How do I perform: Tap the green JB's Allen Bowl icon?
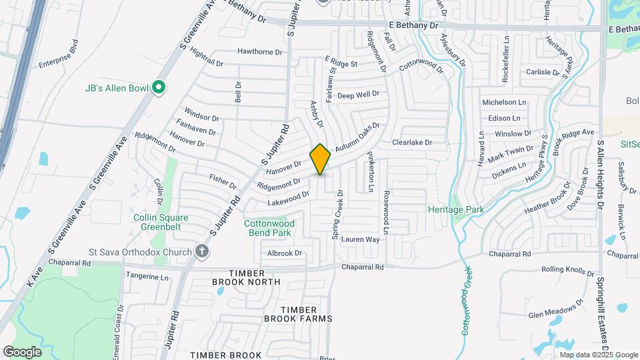click(159, 88)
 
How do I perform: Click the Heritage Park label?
click(456, 209)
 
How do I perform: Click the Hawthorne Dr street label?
click(260, 51)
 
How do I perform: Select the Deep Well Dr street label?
click(358, 95)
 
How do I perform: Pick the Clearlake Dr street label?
click(412, 142)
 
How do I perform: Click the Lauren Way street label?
click(360, 239)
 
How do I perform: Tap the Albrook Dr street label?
click(285, 253)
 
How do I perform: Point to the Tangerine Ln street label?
click(147, 276)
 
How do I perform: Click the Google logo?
click(22, 351)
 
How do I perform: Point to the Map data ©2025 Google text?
click(595, 355)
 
